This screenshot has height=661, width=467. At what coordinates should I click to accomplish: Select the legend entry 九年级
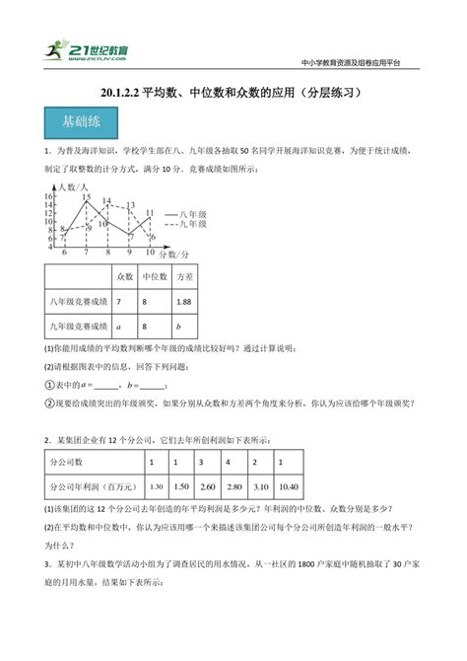click(192, 224)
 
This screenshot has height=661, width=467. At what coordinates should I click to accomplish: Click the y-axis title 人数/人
click(73, 186)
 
